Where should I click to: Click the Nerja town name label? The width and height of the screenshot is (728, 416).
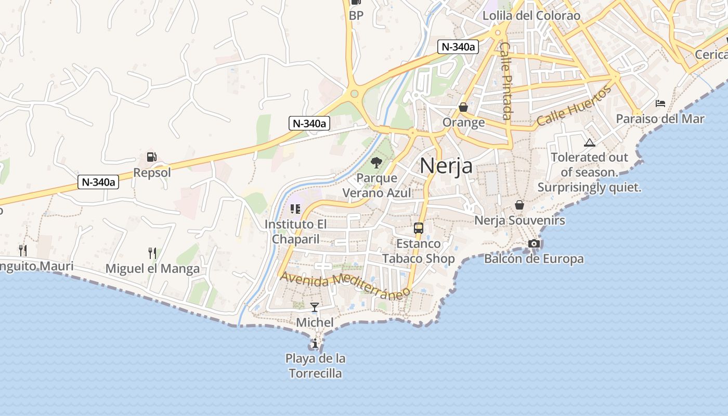point(446,166)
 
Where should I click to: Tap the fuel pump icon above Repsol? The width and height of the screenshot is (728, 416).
point(151,157)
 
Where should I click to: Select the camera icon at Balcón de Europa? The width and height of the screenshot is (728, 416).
point(534,243)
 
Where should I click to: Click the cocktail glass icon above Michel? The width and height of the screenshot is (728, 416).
point(315,307)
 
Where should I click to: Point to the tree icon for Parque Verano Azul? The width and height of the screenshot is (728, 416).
point(376,163)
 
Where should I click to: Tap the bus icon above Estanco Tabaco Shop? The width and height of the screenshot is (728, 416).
point(418,228)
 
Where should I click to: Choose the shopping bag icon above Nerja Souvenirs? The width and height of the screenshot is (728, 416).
point(519,205)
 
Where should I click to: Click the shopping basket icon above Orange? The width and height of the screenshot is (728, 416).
point(463,107)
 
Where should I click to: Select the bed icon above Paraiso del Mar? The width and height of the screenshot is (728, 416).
point(660,103)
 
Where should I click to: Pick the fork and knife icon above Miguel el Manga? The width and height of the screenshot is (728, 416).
point(152,253)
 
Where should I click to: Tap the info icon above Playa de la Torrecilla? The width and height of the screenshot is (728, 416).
point(315,343)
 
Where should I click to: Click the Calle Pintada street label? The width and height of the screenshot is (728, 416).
point(506,81)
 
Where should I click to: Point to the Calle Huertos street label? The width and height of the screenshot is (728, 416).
point(574,106)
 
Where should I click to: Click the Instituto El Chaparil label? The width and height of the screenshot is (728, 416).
point(295,231)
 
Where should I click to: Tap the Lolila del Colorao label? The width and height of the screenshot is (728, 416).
point(531,16)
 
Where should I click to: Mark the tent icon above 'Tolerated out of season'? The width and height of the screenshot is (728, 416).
point(589,142)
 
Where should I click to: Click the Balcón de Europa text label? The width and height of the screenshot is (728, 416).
point(534,258)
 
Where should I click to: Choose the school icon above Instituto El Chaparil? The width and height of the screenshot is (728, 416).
point(295,209)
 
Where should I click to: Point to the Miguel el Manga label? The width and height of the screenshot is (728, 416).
point(152,269)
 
